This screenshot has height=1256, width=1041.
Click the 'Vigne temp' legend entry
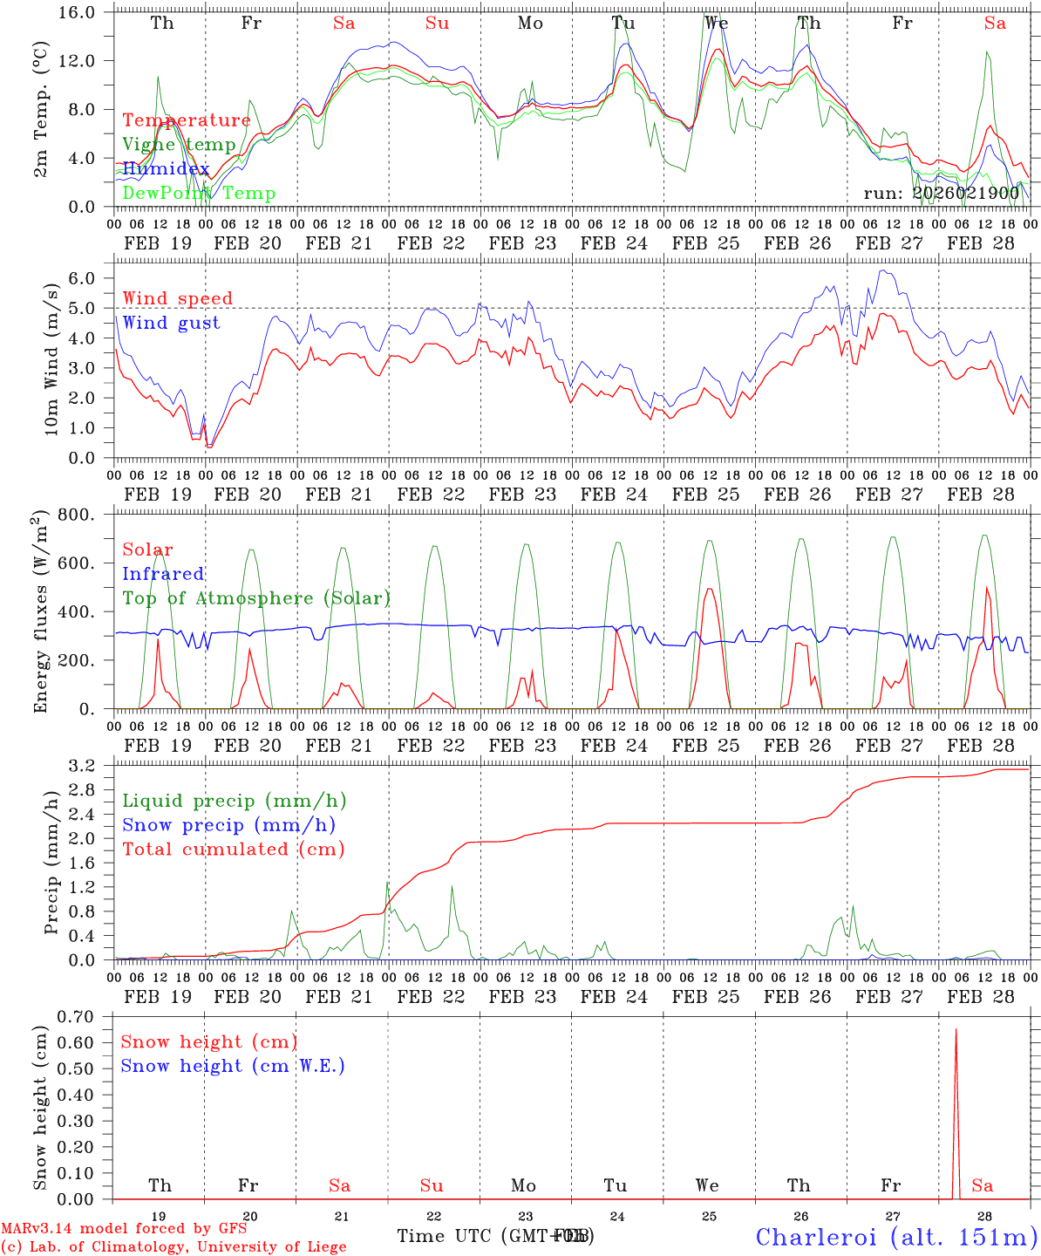[179, 145]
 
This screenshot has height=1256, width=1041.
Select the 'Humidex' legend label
[166, 169]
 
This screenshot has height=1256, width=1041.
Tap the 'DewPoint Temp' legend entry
[199, 194]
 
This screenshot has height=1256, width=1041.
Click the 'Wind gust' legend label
[171, 323]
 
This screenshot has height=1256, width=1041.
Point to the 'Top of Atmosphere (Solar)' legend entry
[256, 598]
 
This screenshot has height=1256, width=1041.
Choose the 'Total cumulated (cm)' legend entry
[234, 849]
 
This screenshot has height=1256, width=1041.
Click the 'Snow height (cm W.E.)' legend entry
[233, 1066]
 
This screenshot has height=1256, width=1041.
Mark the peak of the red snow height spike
[956, 1029]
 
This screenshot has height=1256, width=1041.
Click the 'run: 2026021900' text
[942, 193]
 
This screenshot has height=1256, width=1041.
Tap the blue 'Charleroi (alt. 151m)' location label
[896, 1236]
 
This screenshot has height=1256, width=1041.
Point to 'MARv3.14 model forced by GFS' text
[124, 1229]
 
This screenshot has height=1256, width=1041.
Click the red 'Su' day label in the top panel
[437, 23]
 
